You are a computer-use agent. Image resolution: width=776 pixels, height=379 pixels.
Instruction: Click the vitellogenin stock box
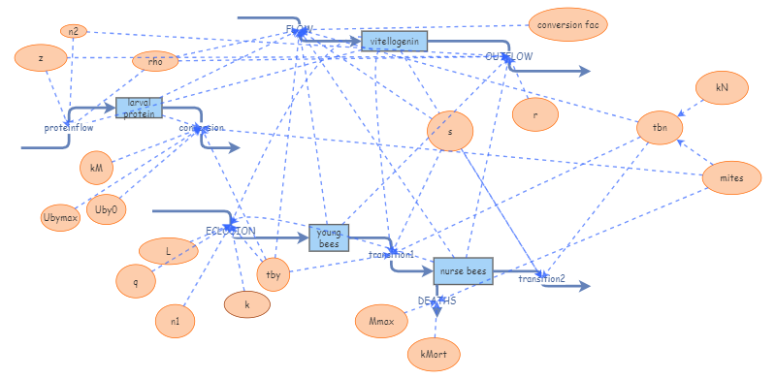394,41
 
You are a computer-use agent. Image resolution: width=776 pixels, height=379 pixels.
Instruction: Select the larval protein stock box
138,108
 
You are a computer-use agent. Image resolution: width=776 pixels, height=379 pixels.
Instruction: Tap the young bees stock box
329,237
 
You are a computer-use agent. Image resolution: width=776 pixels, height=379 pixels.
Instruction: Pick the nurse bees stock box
463,270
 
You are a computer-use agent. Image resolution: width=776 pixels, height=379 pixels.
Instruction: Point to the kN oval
721,88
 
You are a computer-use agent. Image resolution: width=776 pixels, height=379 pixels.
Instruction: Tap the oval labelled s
449,131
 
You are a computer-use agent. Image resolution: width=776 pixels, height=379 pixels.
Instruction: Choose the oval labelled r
535,114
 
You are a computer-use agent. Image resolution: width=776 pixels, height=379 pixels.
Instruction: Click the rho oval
155,62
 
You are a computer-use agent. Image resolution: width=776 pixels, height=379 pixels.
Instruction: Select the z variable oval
40,58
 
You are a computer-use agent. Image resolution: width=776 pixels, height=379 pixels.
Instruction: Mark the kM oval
96,168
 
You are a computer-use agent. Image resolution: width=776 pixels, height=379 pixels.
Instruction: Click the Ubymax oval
59,216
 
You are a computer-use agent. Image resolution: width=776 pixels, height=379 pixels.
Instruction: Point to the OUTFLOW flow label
509,56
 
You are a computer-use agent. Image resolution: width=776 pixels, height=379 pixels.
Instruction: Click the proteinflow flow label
68,127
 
